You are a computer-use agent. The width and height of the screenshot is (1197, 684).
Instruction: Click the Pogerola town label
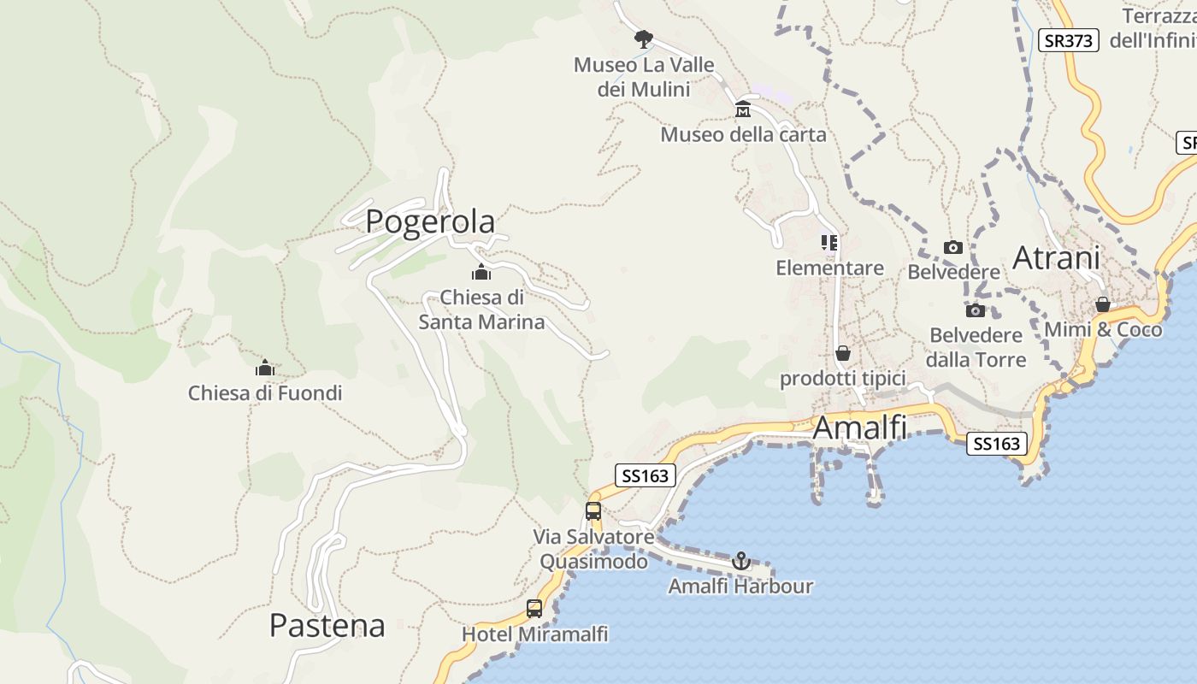pos(430,221)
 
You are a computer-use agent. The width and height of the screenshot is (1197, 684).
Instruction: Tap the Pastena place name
pos(327,625)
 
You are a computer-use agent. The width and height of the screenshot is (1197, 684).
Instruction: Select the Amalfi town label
pos(859,427)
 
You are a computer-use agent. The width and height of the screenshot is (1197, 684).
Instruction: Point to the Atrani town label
pos(1056,257)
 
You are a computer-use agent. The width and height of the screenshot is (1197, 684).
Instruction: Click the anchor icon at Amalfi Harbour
pos(741,561)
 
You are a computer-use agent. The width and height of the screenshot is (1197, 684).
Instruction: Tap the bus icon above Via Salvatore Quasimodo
pos(593,511)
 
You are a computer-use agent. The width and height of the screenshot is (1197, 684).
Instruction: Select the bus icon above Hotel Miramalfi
pos(534,609)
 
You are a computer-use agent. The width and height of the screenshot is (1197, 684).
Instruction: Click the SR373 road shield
pos(1069,40)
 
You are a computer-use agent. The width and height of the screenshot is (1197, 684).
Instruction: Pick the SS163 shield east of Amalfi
pos(997,443)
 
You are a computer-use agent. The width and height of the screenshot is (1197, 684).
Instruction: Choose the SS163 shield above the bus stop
pos(645,475)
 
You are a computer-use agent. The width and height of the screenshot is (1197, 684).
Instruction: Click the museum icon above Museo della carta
pos(743,109)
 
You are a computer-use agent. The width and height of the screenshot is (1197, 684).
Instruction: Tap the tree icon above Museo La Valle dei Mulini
pos(643,38)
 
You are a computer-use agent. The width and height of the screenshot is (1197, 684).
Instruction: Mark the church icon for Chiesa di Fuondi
pos(265,368)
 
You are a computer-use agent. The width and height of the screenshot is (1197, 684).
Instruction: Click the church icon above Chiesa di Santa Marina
pos(481,273)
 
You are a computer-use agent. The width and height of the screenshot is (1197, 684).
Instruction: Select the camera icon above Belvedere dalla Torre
pos(976,310)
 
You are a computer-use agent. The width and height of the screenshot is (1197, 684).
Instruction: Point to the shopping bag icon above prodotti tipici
pos(843,352)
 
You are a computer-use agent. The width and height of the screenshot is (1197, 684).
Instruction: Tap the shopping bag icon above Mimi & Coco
pos(1103,304)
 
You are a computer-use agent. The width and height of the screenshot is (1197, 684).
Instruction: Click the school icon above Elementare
pos(829,243)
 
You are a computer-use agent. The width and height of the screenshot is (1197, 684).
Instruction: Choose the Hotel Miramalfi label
pos(534,634)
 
